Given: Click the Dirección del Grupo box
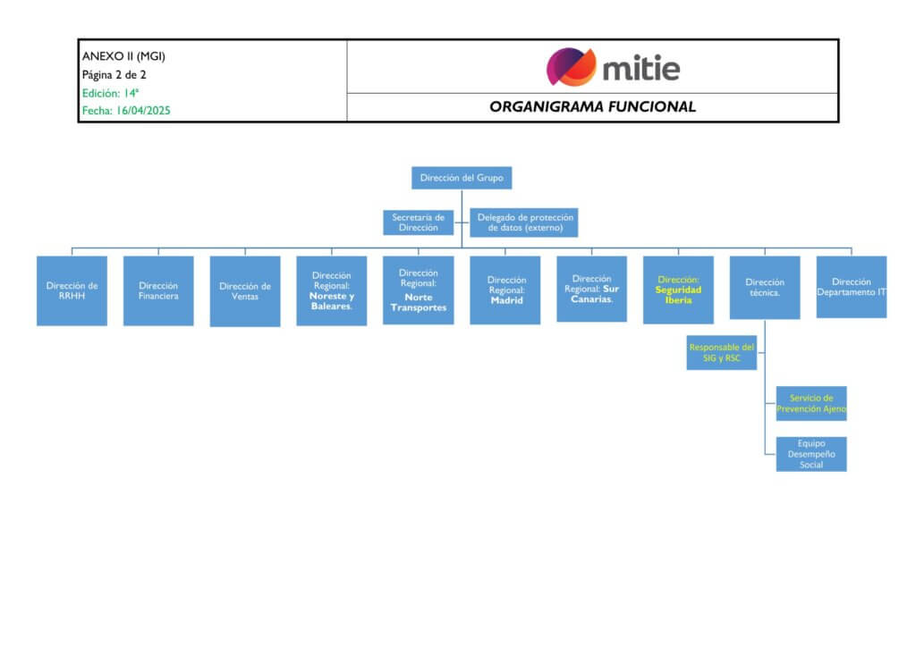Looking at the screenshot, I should (462, 178).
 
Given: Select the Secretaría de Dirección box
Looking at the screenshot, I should (419, 223).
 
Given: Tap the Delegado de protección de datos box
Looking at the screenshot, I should (524, 223).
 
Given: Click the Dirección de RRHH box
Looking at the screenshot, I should (72, 291).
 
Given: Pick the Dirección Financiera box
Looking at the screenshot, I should (158, 291).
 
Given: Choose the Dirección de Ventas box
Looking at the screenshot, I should (245, 291).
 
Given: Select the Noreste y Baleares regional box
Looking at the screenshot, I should (332, 291).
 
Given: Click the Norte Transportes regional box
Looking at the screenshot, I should (419, 290).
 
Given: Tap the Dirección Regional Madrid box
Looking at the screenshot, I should (505, 290).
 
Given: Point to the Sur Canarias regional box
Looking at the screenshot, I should (591, 290).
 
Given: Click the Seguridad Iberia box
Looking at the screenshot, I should (678, 290).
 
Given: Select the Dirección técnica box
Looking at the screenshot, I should (765, 288).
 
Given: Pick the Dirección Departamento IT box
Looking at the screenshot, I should (851, 287).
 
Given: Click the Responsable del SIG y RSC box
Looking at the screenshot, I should (722, 353).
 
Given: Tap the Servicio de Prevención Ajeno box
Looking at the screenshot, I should (811, 403).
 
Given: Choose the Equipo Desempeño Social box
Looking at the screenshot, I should (811, 454).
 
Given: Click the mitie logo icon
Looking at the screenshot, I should (571, 67).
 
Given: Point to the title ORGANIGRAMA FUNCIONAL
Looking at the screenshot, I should (592, 107).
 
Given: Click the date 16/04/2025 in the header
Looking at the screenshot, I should (142, 111).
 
